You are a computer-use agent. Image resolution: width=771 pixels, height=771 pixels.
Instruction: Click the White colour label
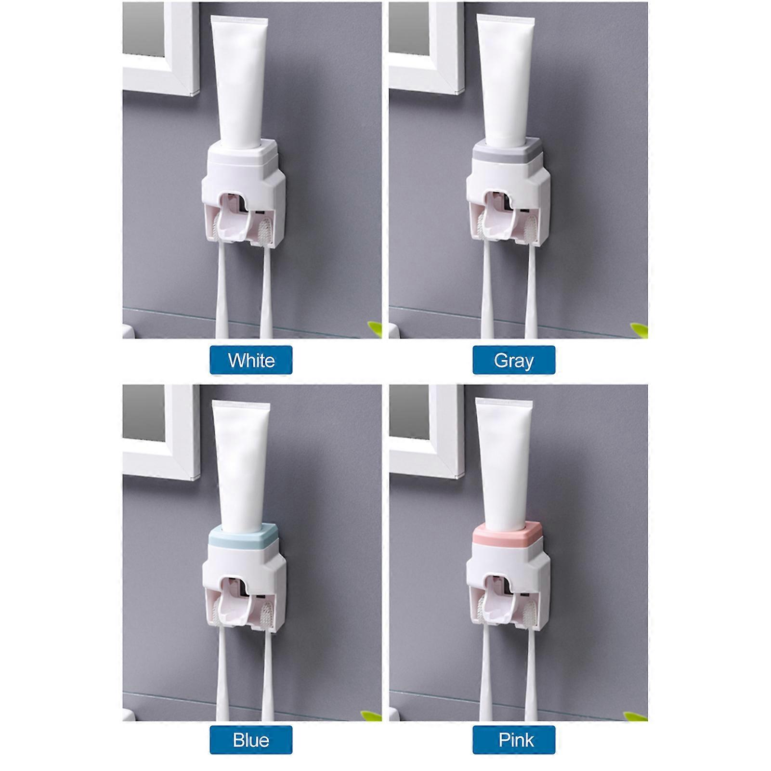(251, 360)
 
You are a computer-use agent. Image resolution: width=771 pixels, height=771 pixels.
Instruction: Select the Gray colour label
(514, 360)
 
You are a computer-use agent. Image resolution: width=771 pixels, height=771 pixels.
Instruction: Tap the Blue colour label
(251, 740)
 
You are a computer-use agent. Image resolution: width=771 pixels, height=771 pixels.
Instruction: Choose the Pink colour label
(514, 740)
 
